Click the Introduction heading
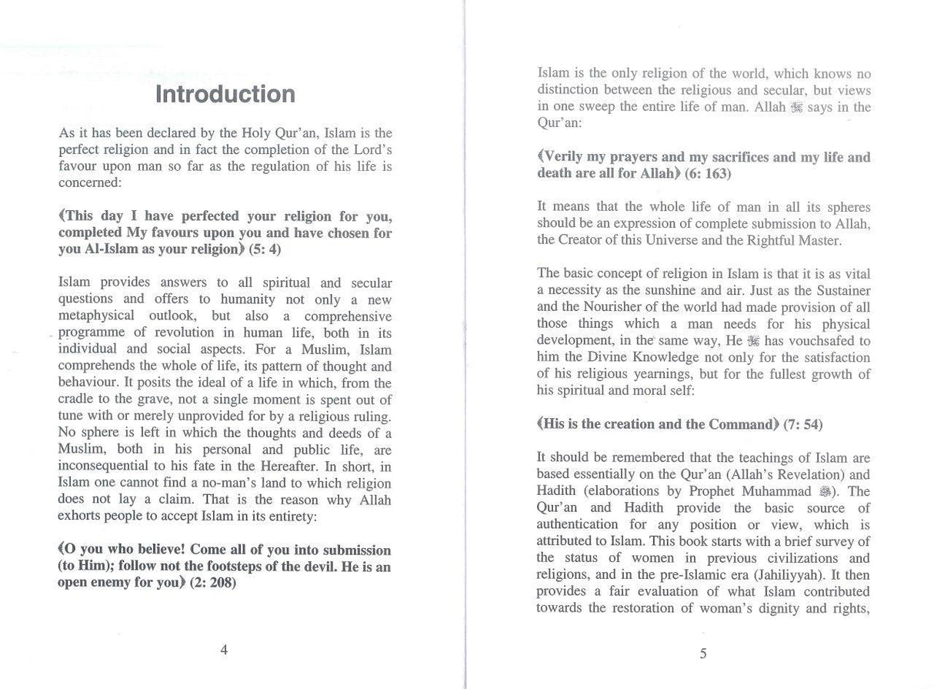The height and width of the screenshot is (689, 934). pyautogui.click(x=225, y=95)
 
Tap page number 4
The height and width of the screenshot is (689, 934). pyautogui.click(x=224, y=650)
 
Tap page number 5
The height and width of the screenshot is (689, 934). pyautogui.click(x=703, y=654)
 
